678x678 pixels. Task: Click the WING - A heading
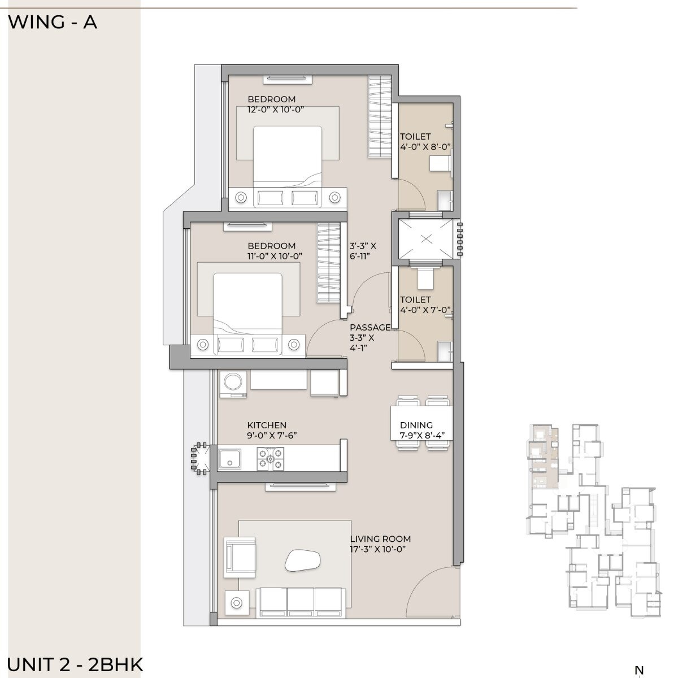53,23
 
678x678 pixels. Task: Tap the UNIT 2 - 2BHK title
76,664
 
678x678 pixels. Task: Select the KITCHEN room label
267,425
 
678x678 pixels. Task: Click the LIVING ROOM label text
380,539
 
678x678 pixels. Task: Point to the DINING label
416,425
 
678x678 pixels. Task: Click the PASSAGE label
370,328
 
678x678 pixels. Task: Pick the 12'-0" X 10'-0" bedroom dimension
276,110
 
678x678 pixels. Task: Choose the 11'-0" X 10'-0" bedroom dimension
271,256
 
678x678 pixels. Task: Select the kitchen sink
230,458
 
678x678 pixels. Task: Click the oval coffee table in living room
303,560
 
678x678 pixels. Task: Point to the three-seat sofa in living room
302,602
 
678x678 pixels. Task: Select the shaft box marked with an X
427,239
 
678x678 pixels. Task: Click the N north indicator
639,670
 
